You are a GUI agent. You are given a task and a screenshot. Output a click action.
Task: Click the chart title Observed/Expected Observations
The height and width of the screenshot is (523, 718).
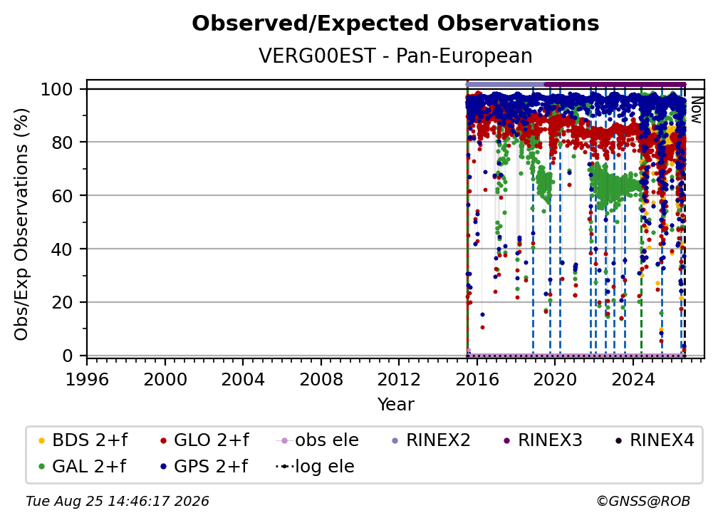(x=395, y=24)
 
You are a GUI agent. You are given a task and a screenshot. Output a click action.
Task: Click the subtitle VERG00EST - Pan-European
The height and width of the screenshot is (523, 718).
(x=395, y=56)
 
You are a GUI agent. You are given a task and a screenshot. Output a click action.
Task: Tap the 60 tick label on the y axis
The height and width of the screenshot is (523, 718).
(x=62, y=195)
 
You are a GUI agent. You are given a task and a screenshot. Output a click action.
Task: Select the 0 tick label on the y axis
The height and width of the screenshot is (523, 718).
(x=68, y=356)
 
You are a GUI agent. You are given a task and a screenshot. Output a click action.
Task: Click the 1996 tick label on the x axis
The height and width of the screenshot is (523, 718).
(x=87, y=380)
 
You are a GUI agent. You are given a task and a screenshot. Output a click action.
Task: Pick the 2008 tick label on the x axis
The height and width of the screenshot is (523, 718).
(x=321, y=380)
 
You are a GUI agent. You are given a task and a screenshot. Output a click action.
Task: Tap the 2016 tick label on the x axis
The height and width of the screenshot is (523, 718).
(x=477, y=380)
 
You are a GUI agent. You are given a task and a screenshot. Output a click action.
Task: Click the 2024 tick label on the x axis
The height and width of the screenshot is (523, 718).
(x=633, y=380)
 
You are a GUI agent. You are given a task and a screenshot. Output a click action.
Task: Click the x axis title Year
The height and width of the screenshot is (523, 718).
(x=395, y=405)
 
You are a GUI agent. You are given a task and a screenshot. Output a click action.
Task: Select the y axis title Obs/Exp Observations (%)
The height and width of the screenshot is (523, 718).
(x=21, y=224)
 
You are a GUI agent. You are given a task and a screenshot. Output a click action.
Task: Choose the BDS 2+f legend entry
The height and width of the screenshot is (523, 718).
(x=83, y=440)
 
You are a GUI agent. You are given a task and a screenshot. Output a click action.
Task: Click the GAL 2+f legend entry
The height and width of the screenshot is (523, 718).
(x=83, y=467)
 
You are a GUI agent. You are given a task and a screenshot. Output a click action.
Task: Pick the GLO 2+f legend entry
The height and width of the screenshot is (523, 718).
(x=204, y=440)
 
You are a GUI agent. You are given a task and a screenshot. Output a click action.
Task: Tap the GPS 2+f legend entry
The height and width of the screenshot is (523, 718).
(x=204, y=467)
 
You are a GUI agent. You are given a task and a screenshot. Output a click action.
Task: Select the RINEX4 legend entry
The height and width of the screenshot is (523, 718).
(x=655, y=440)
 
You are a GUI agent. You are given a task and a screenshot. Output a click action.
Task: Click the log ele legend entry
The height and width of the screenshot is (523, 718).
(x=315, y=467)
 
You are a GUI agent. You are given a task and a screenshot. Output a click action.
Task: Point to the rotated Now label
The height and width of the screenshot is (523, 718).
(x=696, y=110)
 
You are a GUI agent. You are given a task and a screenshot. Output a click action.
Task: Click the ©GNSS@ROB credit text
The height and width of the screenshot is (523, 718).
(x=643, y=502)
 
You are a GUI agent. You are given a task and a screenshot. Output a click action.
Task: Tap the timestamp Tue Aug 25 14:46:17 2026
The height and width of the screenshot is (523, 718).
(x=118, y=502)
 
